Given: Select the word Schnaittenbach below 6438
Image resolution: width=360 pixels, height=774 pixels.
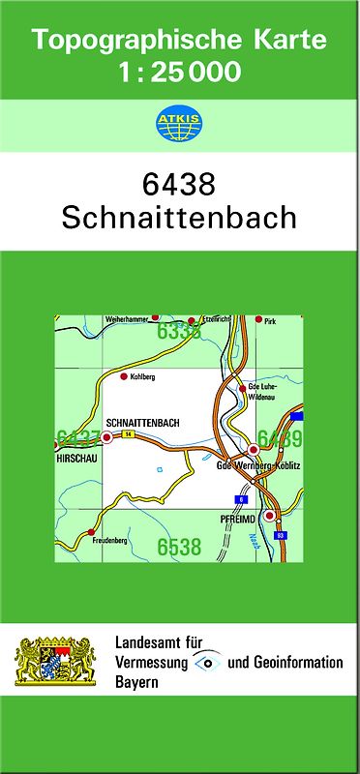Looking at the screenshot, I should pyautogui.click(x=179, y=218).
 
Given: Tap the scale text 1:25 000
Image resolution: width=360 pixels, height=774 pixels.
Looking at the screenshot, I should pyautogui.click(x=179, y=71).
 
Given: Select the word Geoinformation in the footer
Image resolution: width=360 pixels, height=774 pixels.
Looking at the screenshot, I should pyautogui.click(x=296, y=663).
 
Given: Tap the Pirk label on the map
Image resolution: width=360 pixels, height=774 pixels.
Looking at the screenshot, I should pyautogui.click(x=269, y=320).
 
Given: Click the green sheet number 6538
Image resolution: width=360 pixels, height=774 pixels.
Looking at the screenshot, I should pyautogui.click(x=179, y=548).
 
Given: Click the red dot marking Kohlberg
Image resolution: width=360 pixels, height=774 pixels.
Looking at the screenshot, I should pyautogui.click(x=123, y=374).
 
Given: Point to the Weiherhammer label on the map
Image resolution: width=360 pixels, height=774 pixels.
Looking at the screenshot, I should pyautogui.click(x=126, y=318).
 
